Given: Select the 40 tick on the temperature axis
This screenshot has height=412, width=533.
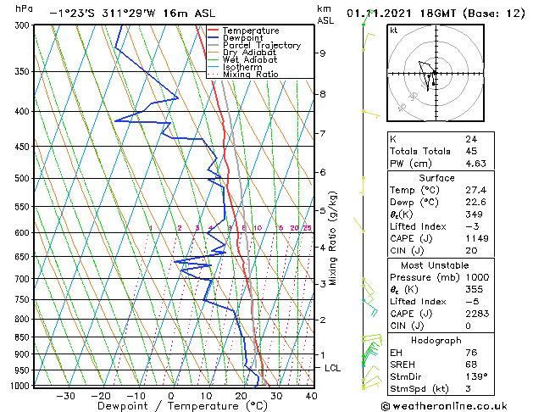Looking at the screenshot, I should (310, 395).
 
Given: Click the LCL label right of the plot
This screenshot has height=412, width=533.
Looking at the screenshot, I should (332, 368).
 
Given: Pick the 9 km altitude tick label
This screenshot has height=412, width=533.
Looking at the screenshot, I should (323, 53).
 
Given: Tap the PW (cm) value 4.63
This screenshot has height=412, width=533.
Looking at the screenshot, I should (475, 164).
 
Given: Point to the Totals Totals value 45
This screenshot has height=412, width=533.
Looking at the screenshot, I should (470, 152).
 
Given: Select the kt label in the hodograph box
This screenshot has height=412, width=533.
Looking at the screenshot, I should (393, 31).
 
